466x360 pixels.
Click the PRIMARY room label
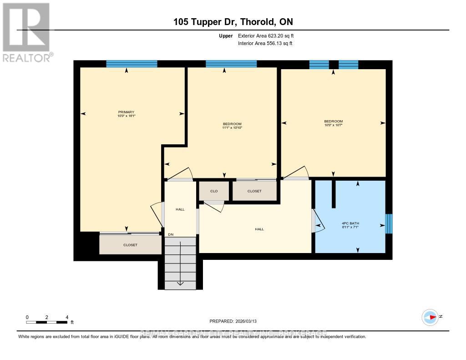pos(126,112)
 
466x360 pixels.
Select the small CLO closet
pos(213,191)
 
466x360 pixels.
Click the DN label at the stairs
pos(171,234)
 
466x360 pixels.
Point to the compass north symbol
pos(430,317)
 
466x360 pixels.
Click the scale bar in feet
pos(47,322)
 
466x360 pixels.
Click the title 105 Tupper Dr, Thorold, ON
pos(233,22)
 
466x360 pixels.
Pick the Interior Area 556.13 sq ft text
pos(265,44)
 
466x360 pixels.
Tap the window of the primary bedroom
pos(132,64)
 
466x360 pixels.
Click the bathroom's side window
pos(389,223)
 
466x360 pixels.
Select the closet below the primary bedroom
pos(130,245)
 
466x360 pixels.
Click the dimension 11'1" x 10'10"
pos(232,128)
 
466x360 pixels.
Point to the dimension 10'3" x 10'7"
pos(333,125)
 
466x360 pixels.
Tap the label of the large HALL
pos(259,229)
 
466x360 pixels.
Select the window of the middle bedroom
pos(228,64)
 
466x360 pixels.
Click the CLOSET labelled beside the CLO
pos(254,191)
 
